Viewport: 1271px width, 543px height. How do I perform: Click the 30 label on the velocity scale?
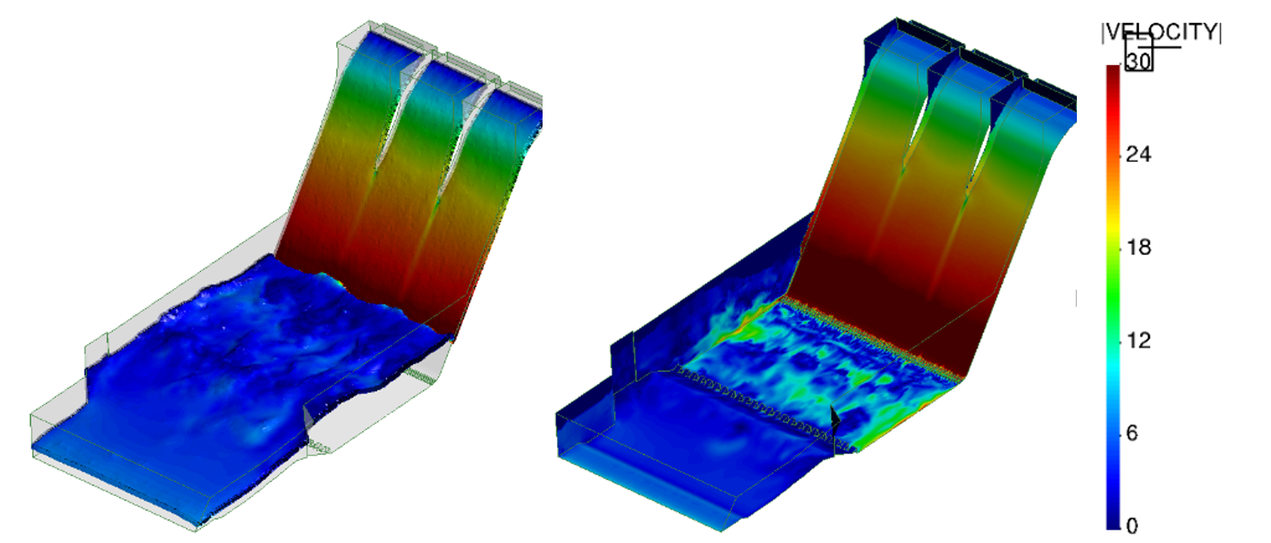click(1139, 61)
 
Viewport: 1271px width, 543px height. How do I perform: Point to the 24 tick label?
click(1138, 154)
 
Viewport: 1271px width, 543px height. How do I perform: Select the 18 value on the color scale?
click(1138, 247)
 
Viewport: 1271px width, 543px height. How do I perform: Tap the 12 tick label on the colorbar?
click(1138, 340)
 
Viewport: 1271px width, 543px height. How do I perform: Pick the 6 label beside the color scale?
click(1131, 433)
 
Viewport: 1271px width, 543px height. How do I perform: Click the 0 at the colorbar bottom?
click(1131, 526)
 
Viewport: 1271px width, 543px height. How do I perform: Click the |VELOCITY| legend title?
click(1161, 32)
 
